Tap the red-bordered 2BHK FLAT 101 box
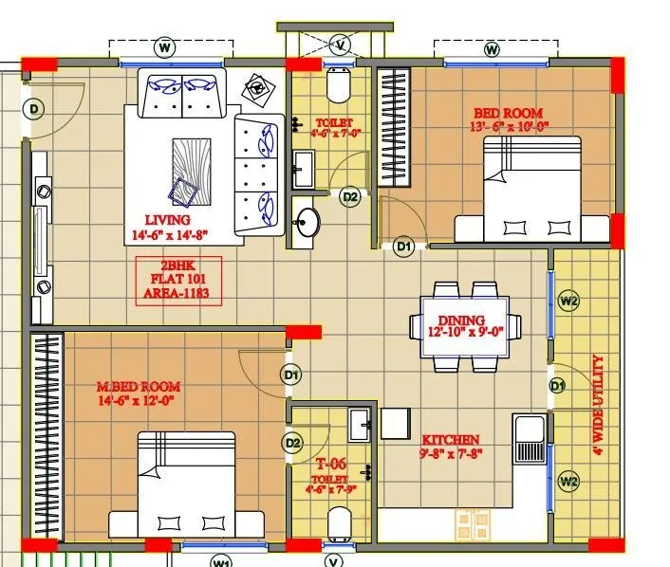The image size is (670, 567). click(179, 280)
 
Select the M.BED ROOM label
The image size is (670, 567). click(139, 387)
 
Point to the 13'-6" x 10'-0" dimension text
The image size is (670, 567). click(510, 126)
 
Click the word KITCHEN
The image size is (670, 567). click(451, 440)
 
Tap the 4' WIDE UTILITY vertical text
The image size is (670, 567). click(598, 405)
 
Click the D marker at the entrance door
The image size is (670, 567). click(34, 110)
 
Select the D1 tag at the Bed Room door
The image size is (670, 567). click(403, 247)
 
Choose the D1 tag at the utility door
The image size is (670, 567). click(558, 385)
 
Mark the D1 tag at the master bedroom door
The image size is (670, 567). click(291, 375)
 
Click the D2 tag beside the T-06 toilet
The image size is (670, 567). click(292, 443)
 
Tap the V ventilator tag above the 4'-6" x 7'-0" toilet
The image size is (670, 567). click(341, 45)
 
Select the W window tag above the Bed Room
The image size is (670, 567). click(492, 48)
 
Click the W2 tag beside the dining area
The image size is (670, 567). click(568, 302)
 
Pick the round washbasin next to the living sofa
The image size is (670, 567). click(307, 224)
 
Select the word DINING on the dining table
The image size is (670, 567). click(461, 320)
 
